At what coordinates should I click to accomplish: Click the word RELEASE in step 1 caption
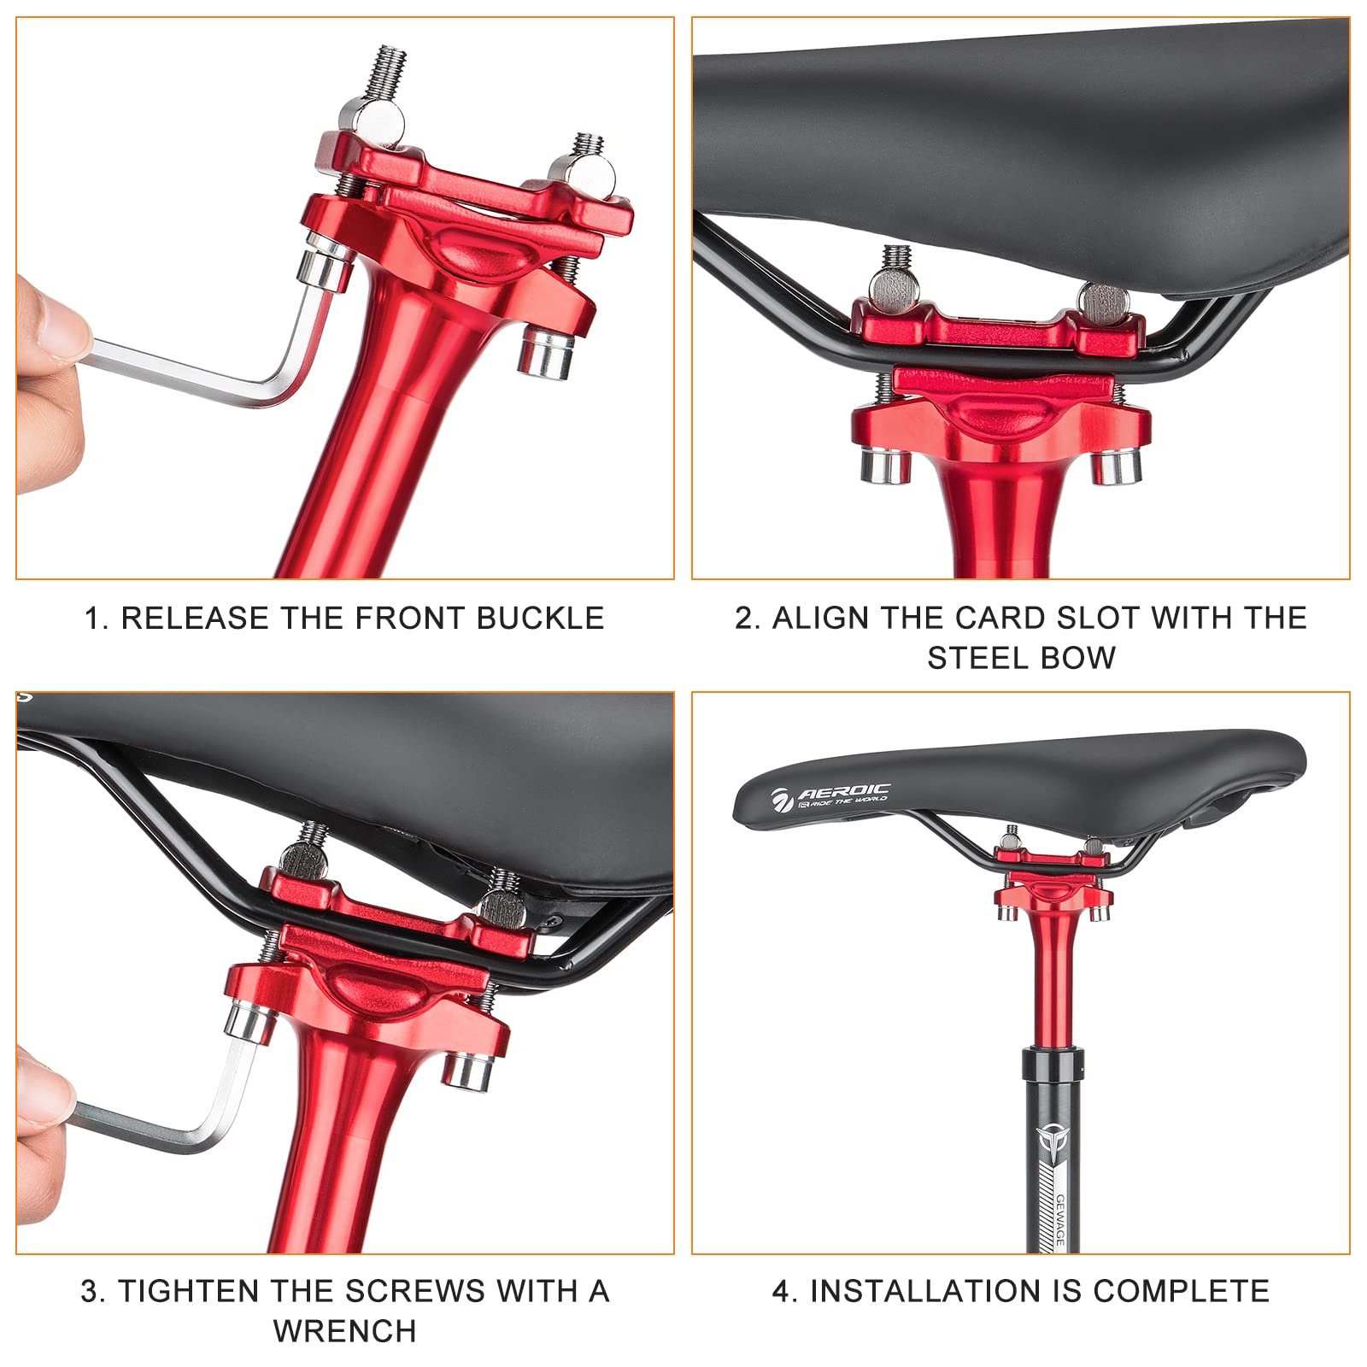click(195, 618)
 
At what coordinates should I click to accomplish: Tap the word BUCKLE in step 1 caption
click(540, 618)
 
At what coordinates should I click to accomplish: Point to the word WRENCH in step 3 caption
click(345, 1330)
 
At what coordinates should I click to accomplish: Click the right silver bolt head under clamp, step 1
click(547, 352)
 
